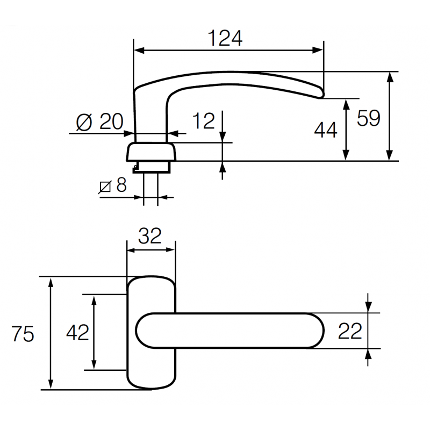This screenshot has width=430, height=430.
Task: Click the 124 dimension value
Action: click(x=225, y=38)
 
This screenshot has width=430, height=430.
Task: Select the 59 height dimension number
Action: click(x=369, y=118)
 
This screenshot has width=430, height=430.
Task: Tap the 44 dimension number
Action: click(x=325, y=130)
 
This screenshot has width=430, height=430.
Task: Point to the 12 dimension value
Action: click(x=204, y=121)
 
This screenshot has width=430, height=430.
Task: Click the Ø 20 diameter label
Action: click(x=100, y=122)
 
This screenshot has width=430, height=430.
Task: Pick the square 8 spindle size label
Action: click(x=113, y=186)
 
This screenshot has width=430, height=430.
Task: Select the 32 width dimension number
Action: click(x=150, y=236)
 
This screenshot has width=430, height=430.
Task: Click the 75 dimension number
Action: click(x=23, y=334)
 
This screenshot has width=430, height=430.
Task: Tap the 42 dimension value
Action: click(x=77, y=333)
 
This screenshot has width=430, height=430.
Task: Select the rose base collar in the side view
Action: click(x=151, y=152)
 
